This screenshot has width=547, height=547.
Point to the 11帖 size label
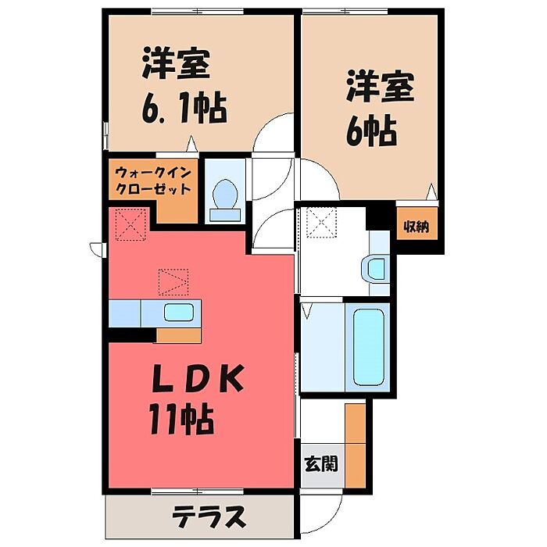pyautogui.click(x=181, y=422)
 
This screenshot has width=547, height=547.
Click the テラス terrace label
pyautogui.click(x=209, y=517)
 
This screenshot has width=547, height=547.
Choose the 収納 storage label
pyautogui.click(x=416, y=228)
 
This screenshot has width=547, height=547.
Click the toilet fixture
pyautogui.click(x=225, y=195)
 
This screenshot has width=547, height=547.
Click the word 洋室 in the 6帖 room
pyautogui.click(x=379, y=88)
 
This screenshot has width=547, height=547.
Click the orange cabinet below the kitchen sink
pyautogui.click(x=179, y=336)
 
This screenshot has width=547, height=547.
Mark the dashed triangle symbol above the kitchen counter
pyautogui.click(x=173, y=281)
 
